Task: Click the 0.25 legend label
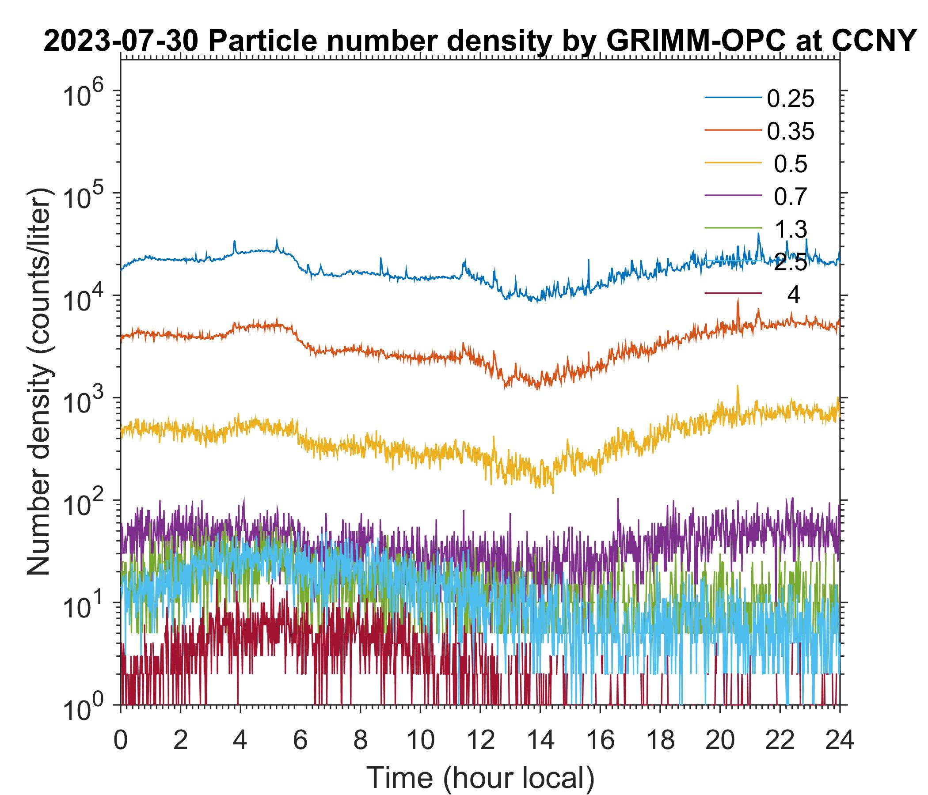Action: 791,99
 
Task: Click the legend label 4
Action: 793,295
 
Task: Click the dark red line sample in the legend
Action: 733,294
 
